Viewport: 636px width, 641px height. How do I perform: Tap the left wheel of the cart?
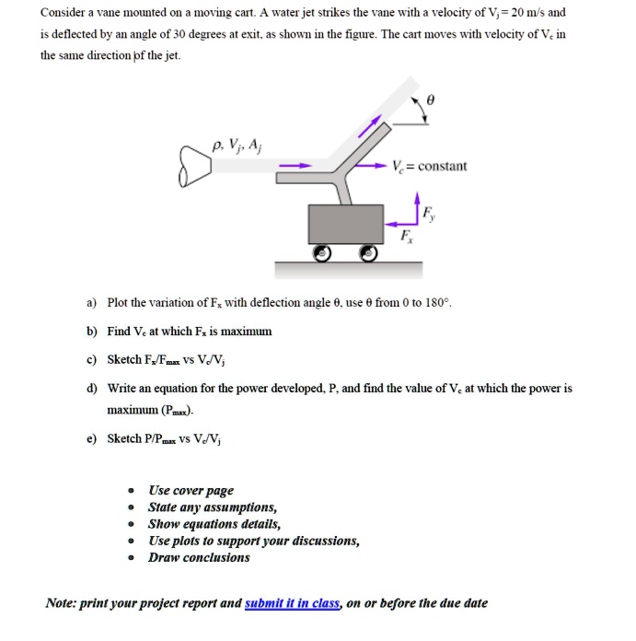(322, 252)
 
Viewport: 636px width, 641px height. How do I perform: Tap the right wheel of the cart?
(370, 252)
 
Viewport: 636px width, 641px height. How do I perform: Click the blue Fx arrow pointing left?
(399, 221)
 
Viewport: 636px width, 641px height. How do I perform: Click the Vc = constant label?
(428, 167)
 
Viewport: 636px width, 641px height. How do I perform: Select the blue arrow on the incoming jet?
(297, 167)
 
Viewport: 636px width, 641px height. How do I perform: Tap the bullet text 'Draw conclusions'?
(199, 557)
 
